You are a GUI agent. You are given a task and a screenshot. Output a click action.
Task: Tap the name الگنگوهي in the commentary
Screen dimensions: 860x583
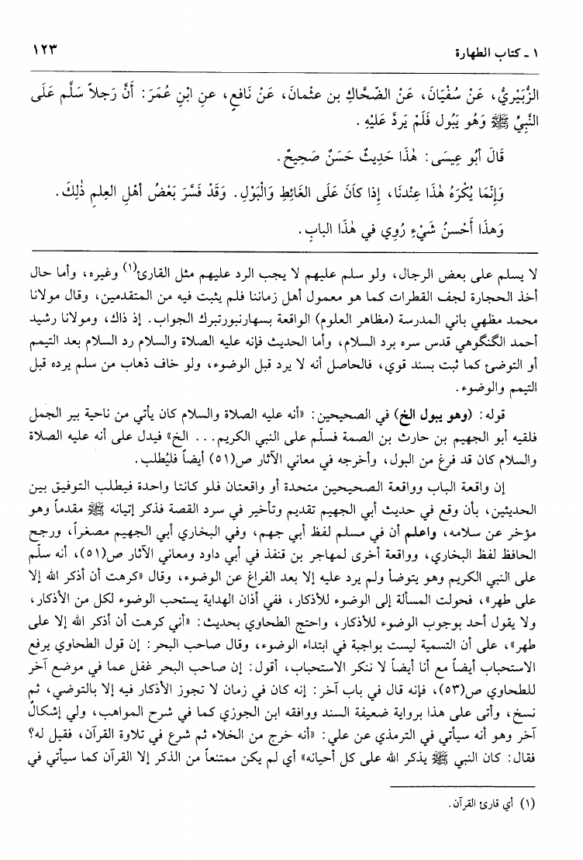tap(489, 321)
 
